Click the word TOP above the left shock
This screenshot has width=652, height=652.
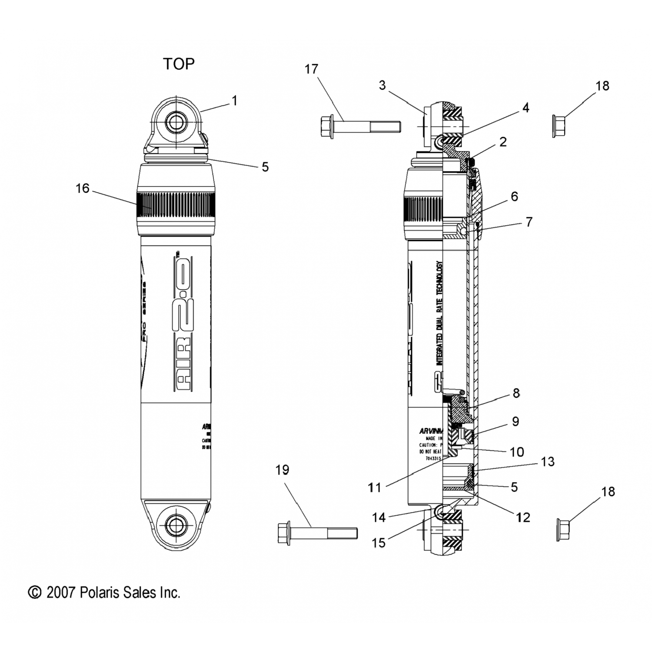point(179,64)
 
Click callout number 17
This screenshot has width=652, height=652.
point(311,69)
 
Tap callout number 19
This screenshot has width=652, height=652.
point(282,470)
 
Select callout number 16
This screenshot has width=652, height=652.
point(82,188)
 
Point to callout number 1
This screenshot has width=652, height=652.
point(235,101)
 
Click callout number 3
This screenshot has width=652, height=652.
point(382,85)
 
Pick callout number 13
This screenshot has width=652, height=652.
point(548,462)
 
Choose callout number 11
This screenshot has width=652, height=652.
point(374,488)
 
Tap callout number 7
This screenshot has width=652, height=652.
point(529,222)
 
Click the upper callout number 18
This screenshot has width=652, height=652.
point(602,86)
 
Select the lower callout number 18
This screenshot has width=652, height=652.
point(608,492)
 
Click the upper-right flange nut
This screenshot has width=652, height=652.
point(558,126)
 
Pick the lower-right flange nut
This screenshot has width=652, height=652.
point(563,529)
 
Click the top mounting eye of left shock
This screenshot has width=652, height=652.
point(176,123)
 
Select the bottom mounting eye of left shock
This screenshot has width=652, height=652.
point(176,526)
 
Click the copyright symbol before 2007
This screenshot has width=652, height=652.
point(34,592)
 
